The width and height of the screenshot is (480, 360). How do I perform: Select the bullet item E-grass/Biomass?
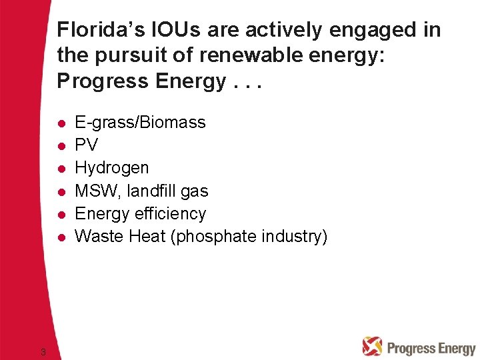point(140,123)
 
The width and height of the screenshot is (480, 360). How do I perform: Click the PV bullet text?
point(86,145)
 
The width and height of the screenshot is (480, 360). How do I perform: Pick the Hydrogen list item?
point(111,168)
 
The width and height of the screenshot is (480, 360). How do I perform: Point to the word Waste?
point(97,237)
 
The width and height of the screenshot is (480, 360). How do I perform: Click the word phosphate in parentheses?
point(213,237)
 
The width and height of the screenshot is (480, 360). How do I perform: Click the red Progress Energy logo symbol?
point(372,346)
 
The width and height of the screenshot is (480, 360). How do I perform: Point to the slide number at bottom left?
point(43,351)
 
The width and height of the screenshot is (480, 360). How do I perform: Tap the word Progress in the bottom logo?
point(408,348)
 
